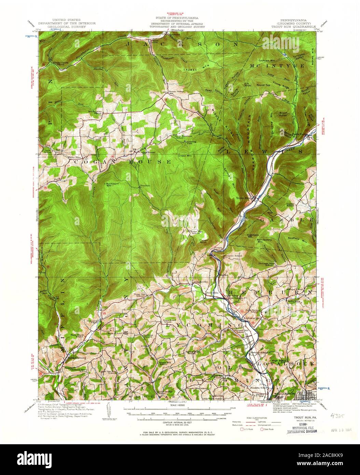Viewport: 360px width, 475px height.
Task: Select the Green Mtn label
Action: pos(184,156)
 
